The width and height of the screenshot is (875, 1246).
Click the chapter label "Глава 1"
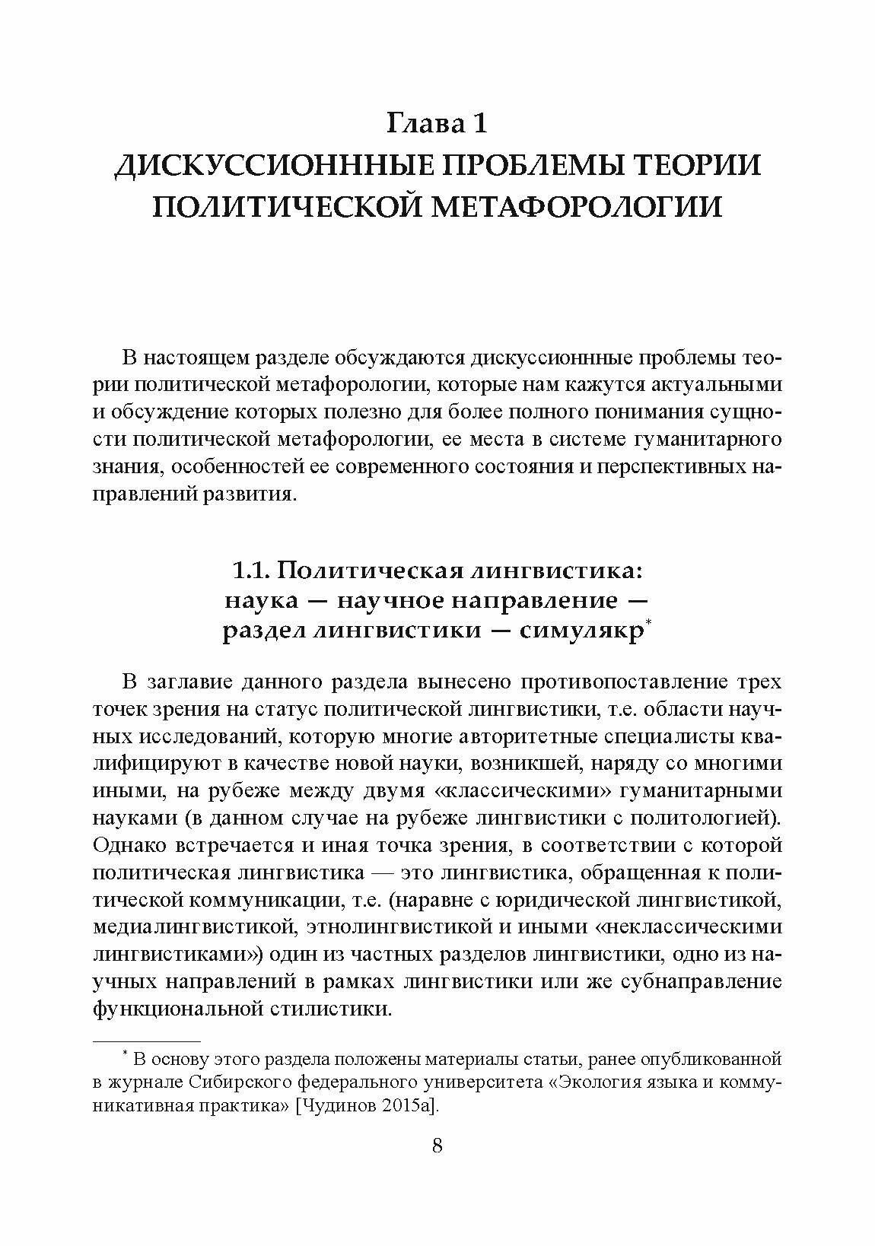click(x=437, y=122)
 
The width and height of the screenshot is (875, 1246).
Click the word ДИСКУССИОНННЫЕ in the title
click(x=256, y=165)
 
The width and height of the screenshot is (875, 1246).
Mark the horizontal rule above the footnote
click(x=146, y=1040)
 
